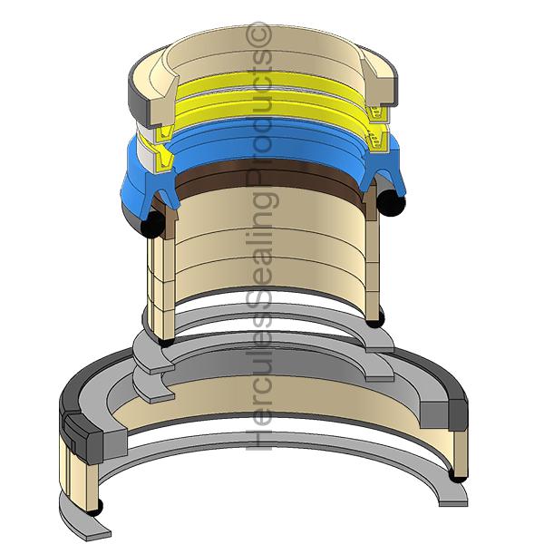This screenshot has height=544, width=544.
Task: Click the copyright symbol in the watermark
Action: pos(261,35)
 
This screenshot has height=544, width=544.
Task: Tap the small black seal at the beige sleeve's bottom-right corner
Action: pos(382,317)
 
